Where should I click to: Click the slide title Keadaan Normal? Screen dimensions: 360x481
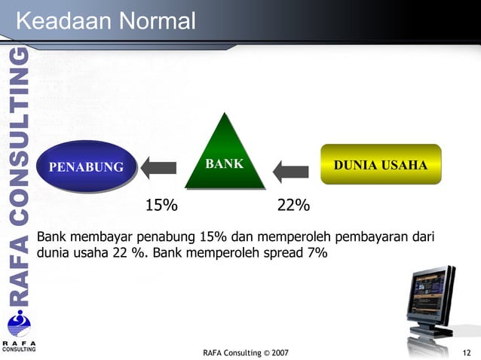(x=105, y=20)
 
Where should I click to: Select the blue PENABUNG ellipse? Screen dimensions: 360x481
(x=86, y=166)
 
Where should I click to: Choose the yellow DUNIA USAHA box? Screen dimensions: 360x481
(x=381, y=164)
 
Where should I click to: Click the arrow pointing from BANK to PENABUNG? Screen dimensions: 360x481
(x=158, y=166)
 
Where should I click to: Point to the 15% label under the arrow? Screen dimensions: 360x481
(x=161, y=206)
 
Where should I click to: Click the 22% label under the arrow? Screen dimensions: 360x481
(x=293, y=206)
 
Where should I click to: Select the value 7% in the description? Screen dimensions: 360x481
(x=317, y=253)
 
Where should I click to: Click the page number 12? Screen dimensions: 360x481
(x=467, y=352)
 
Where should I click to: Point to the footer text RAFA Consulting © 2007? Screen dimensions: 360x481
(x=245, y=352)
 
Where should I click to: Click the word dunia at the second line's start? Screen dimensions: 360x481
(x=54, y=253)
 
